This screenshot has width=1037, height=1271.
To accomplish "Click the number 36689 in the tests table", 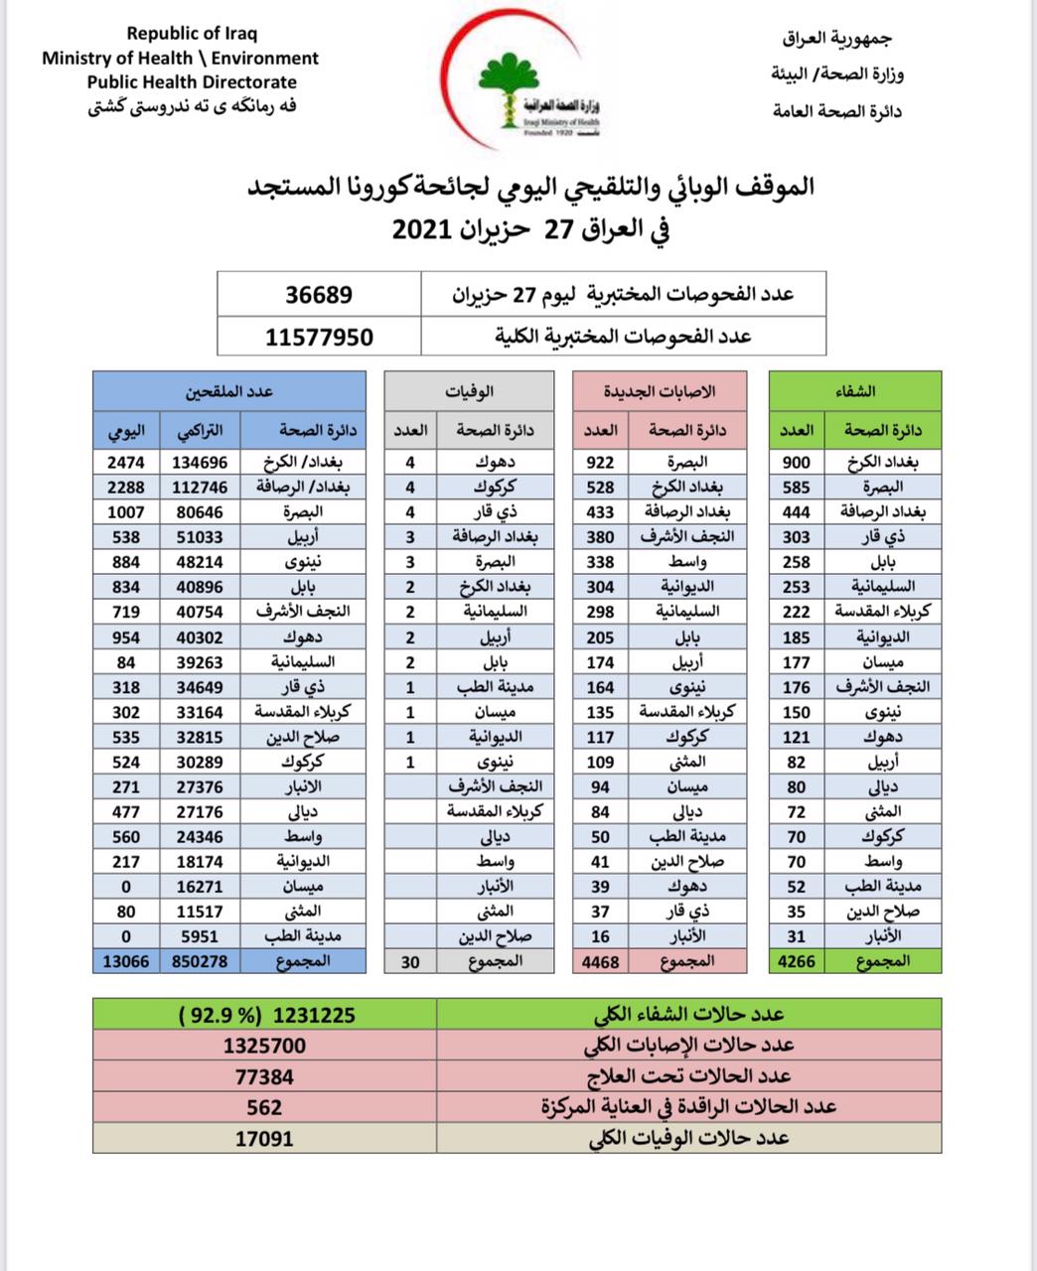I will (319, 295).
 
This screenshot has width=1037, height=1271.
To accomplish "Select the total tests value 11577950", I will (319, 337).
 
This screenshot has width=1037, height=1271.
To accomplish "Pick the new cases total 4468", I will (600, 961).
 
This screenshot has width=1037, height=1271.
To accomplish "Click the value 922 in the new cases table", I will (600, 462).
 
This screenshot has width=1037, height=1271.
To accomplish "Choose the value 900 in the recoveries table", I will (797, 462).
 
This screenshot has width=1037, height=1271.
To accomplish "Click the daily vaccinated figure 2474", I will (126, 462).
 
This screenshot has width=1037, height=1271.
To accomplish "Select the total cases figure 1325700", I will (264, 1046).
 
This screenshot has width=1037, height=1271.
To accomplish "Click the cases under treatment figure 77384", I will (264, 1076).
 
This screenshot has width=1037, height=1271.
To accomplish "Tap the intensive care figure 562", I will (264, 1107).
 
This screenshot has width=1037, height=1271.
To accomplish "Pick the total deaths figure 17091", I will (264, 1138).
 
